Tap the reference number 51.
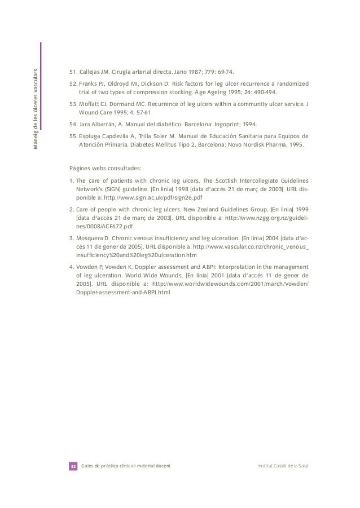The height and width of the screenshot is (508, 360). click(x=72, y=72)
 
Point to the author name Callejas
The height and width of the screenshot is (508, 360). click(x=92, y=72)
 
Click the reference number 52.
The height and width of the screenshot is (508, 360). click(x=72, y=83)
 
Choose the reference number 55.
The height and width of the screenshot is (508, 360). click(x=72, y=135)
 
